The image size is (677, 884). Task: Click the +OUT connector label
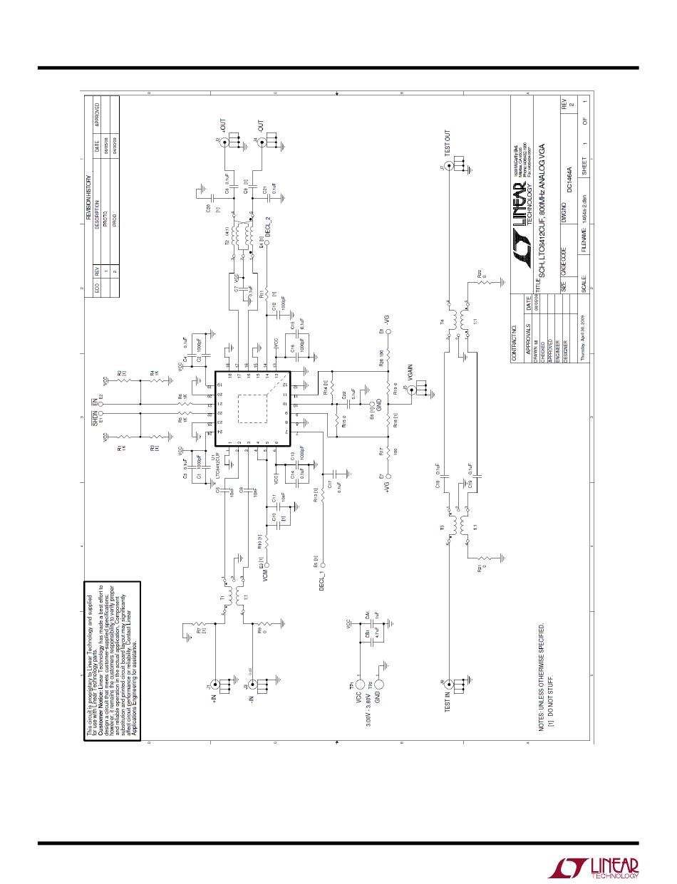(227, 130)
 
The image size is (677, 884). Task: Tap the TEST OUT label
(448, 143)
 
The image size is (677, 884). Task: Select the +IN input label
(213, 700)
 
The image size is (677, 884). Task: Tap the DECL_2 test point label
(268, 224)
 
